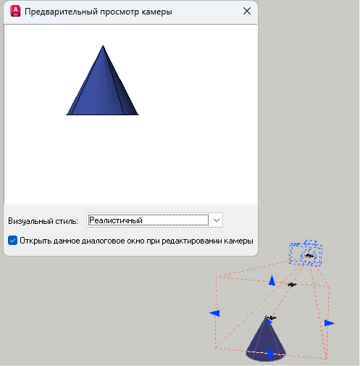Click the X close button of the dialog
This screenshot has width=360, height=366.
[247, 11]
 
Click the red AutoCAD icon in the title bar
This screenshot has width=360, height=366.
[15, 12]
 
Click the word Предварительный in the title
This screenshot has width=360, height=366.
[61, 12]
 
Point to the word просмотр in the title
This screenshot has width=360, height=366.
[120, 12]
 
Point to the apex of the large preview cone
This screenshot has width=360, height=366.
[103, 46]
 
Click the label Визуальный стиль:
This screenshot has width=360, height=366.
[43, 221]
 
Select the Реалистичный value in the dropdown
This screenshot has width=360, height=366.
[116, 220]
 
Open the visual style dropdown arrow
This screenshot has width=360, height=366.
[217, 220]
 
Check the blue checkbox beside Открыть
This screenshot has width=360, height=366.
[12, 241]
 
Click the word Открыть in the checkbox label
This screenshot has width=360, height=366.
[35, 241]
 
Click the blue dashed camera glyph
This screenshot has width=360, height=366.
[306, 253]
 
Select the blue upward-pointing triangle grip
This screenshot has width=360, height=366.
[272, 280]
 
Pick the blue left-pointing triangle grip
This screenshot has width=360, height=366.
[214, 313]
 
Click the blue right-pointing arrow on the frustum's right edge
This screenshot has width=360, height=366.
[330, 323]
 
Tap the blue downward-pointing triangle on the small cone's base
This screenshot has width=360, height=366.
[270, 355]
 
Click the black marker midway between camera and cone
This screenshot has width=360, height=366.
[292, 285]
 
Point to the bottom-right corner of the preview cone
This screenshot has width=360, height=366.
[138, 115]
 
